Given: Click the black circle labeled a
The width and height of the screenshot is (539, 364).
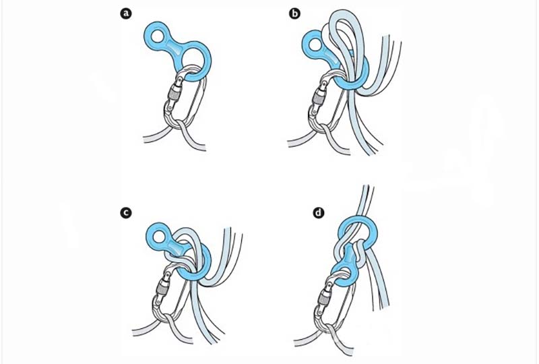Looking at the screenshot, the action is pyautogui.click(x=127, y=13).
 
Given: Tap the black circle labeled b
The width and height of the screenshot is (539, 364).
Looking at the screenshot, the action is pyautogui.click(x=294, y=13).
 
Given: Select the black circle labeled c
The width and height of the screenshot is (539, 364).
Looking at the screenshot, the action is pyautogui.click(x=126, y=213).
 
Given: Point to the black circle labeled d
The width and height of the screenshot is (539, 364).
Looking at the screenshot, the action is pyautogui.click(x=319, y=213).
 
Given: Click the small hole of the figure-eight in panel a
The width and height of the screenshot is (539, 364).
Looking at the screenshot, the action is pyautogui.click(x=158, y=36).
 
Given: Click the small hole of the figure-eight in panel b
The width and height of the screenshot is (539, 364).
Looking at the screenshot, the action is pyautogui.click(x=315, y=45).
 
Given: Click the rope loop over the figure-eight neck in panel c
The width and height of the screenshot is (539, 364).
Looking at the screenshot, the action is pyautogui.click(x=183, y=240).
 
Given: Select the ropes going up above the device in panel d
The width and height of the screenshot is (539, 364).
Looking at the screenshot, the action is pyautogui.click(x=365, y=202).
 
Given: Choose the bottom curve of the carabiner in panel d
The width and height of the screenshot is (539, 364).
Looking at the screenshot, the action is pyautogui.click(x=329, y=327).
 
